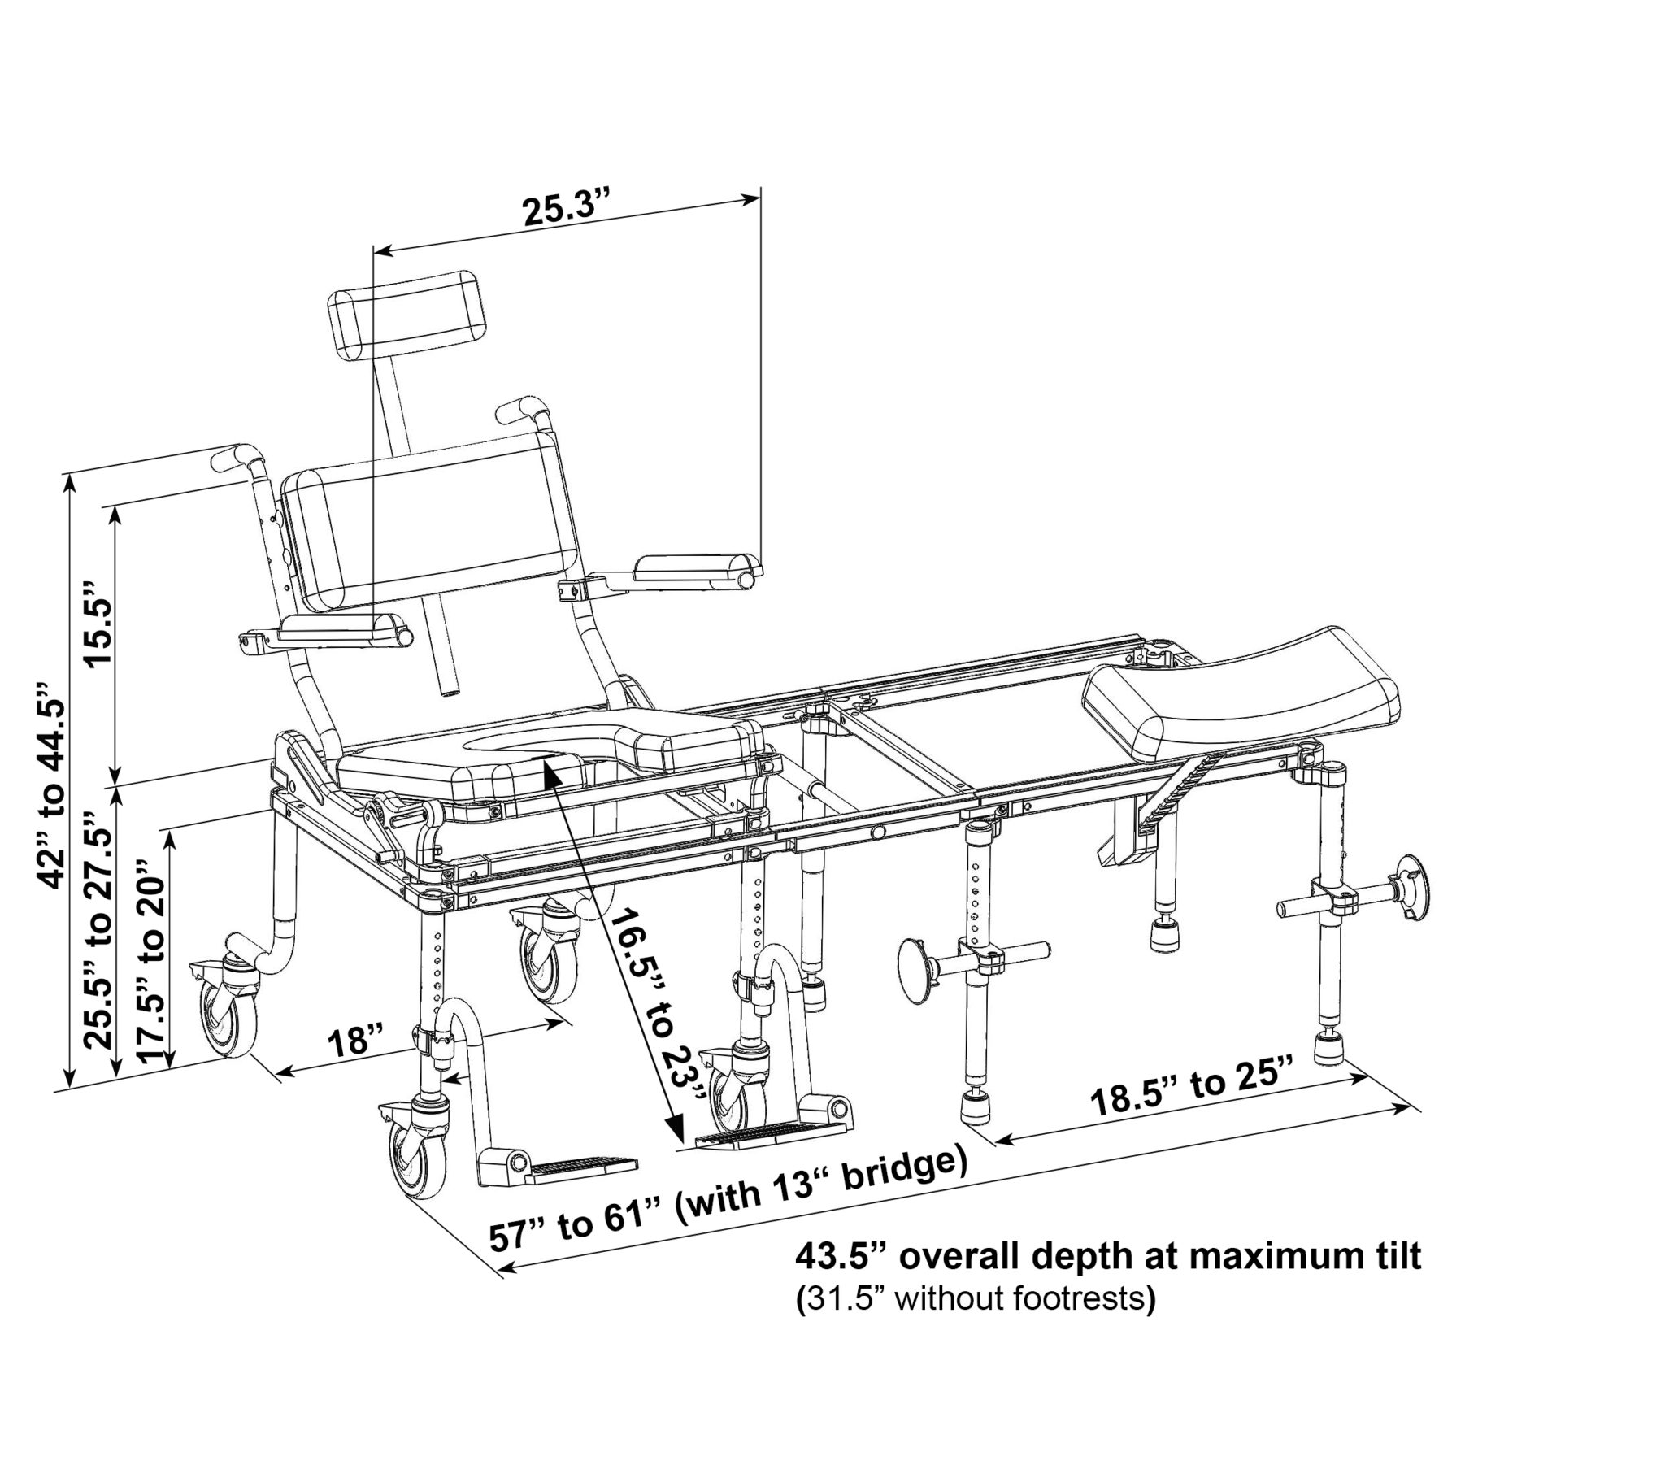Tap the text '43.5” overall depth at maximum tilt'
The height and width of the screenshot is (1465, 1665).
pos(1108,1256)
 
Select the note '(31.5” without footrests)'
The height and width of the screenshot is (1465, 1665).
pos(975,1299)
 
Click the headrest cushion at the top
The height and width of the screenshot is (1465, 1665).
pos(402,314)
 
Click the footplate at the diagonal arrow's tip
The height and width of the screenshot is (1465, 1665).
pos(754,1135)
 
